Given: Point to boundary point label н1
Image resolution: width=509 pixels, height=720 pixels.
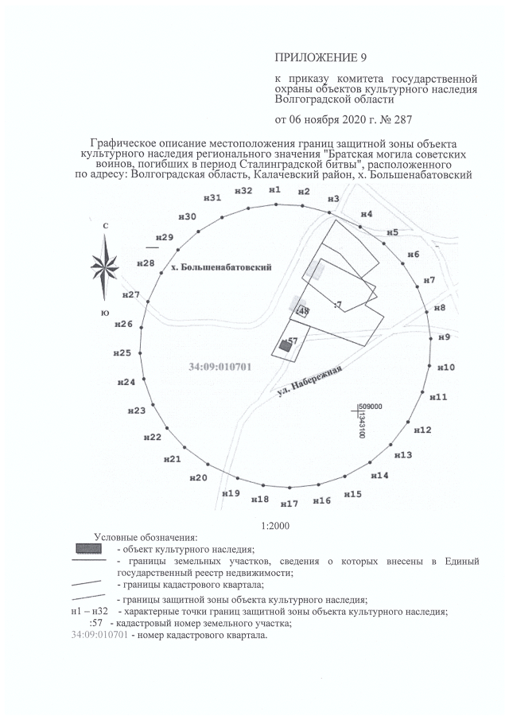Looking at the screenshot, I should coord(275,191).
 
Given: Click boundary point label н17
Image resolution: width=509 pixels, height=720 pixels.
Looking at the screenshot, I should coord(289,504).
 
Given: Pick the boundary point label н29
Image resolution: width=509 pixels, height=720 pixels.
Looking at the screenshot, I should coord(165,238).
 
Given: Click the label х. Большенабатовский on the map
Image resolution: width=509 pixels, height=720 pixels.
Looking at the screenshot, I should coord(221,268).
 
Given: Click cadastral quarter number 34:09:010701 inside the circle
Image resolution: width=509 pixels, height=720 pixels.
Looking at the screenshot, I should coord(220,367).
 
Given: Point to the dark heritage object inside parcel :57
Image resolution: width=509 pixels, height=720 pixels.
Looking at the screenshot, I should coord(282,346).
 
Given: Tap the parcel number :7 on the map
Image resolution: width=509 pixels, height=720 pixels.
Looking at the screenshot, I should coord(338,305).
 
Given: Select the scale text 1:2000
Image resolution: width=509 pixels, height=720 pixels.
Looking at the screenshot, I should coord(274,526).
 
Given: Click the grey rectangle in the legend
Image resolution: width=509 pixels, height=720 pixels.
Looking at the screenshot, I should coord(87,549).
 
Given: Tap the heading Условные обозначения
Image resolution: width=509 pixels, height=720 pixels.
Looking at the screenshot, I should coord(146,538).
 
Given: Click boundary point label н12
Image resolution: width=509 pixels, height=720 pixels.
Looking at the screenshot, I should coord(423,430).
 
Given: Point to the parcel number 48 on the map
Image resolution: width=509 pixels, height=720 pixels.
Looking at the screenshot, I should coord(304,310).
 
